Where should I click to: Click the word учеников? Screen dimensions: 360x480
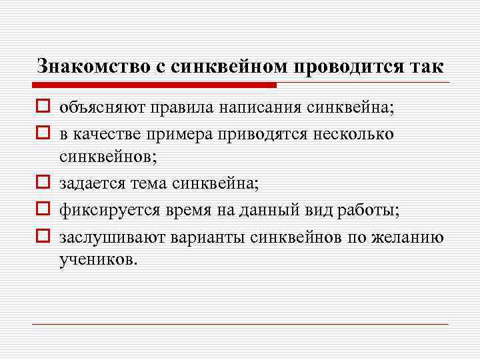pos(98,259)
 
